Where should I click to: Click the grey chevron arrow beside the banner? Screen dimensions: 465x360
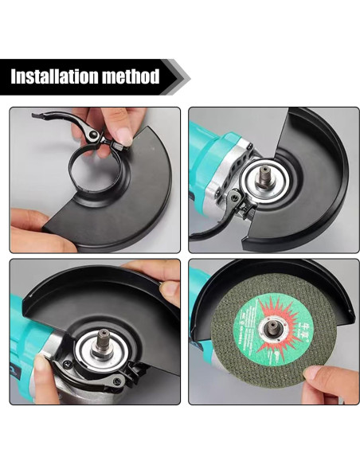[181, 77]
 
